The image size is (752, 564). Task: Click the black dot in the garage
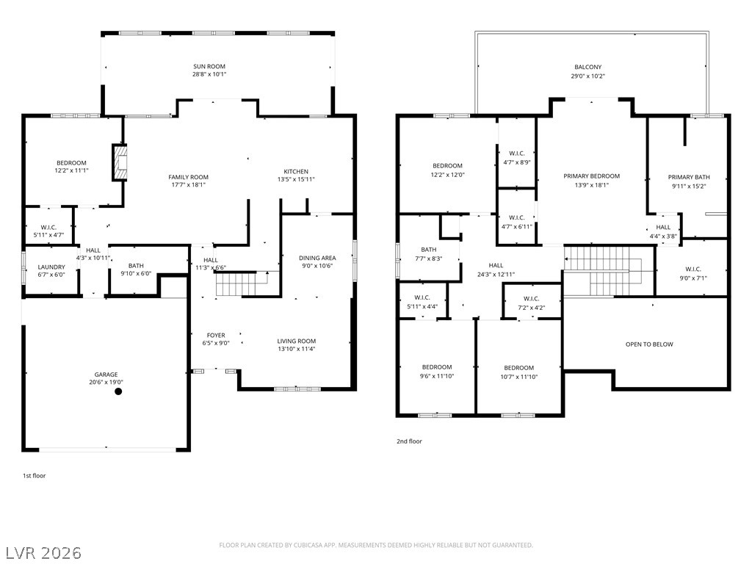pos(118,391)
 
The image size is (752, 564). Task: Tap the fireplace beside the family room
pos(120,162)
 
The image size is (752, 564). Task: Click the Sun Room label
pos(209,67)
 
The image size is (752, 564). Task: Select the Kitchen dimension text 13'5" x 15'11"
pos(296,179)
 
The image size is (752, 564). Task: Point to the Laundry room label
pos(51,267)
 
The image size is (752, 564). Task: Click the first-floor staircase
pos(242,283)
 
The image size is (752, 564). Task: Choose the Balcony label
pos(588,67)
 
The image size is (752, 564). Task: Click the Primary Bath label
pos(689,177)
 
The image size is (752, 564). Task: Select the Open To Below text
pos(649,344)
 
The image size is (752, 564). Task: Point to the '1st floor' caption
pos(35,476)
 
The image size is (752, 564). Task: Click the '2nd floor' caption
pos(409,441)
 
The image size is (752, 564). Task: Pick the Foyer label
pos(216,335)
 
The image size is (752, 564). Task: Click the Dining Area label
pos(317,258)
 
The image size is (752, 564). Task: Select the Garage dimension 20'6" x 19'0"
pos(106,382)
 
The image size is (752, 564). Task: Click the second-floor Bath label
pos(429,250)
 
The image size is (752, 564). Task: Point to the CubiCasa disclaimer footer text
pos(376,546)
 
